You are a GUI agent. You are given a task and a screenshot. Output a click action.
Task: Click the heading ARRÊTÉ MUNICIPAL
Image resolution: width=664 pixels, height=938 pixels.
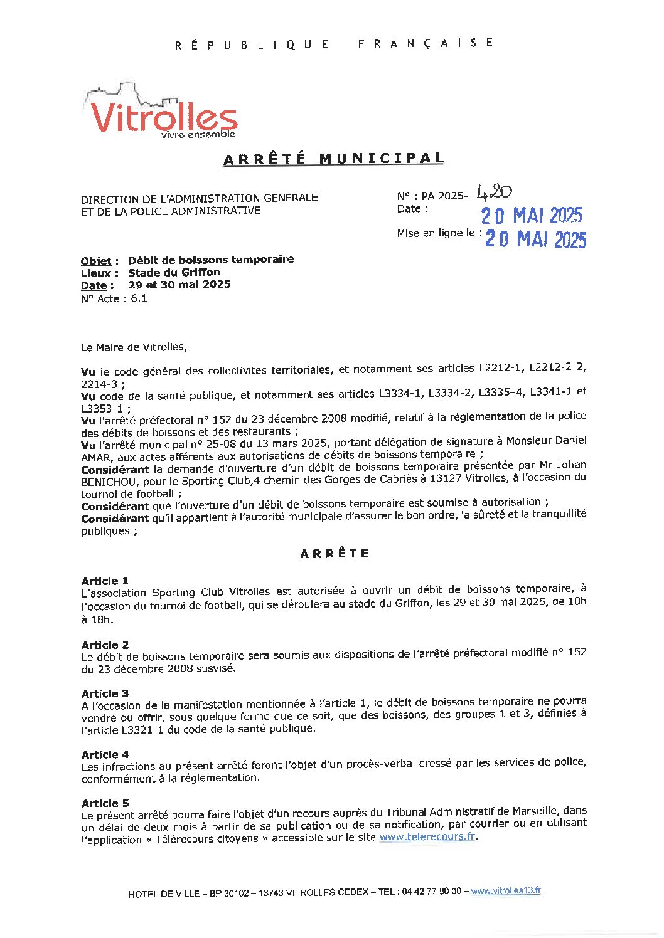click(333, 159)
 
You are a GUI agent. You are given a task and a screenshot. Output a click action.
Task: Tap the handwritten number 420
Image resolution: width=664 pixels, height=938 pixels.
click(495, 192)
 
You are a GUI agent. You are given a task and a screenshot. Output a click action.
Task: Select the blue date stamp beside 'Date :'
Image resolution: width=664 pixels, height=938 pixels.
click(532, 216)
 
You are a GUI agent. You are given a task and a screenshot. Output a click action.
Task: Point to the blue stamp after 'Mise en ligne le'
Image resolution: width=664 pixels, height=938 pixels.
click(535, 239)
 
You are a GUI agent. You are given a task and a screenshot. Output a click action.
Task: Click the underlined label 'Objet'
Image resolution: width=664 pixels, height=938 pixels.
click(95, 261)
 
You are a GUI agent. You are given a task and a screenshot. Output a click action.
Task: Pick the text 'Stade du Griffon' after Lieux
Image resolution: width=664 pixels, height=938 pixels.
click(174, 272)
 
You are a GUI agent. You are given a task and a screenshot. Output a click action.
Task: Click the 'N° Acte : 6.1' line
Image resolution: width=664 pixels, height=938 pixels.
click(114, 298)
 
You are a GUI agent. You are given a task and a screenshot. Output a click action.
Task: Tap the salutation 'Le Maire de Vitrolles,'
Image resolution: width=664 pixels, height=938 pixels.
click(134, 347)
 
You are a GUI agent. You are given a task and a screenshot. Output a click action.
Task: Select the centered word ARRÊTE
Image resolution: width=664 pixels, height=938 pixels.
click(335, 554)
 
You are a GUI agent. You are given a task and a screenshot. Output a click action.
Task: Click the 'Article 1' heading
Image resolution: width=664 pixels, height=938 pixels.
click(105, 581)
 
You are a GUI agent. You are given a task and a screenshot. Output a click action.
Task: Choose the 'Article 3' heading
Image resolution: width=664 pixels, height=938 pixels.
click(105, 693)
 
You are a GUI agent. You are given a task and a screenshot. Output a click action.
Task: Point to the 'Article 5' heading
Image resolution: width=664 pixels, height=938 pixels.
click(105, 803)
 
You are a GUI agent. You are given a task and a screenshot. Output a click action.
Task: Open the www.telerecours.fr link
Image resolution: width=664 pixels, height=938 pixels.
click(427, 837)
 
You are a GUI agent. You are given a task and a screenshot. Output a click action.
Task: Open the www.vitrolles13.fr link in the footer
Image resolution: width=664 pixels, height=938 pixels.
click(506, 891)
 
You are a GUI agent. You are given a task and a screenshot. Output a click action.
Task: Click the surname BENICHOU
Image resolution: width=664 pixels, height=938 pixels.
click(107, 481)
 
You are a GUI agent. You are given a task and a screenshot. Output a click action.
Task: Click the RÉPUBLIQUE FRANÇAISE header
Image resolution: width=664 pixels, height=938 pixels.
click(334, 44)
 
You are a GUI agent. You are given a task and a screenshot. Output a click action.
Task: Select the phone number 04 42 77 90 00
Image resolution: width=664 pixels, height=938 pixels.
click(431, 892)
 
